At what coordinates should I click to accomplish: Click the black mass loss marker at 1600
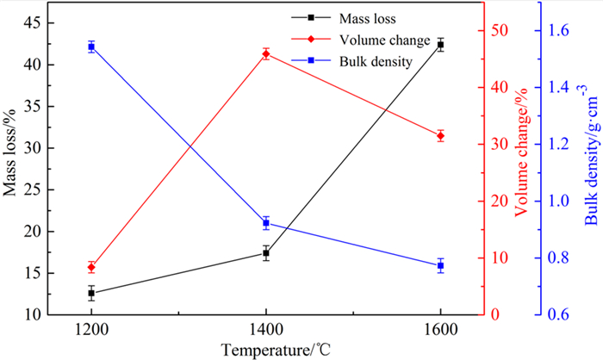pos(440,44)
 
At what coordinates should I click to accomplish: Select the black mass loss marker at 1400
pos(265,253)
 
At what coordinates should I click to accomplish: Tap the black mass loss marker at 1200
pos(91,294)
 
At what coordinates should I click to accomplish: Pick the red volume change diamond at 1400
pos(265,54)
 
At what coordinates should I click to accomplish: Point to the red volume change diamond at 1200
pos(91,267)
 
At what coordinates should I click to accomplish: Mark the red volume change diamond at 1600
pos(440,135)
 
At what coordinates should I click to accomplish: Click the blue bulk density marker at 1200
pos(91,47)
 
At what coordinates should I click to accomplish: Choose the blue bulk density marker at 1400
pos(265,223)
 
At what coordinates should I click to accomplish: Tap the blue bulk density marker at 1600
pos(440,265)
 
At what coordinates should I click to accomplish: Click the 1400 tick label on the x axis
pos(265,329)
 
